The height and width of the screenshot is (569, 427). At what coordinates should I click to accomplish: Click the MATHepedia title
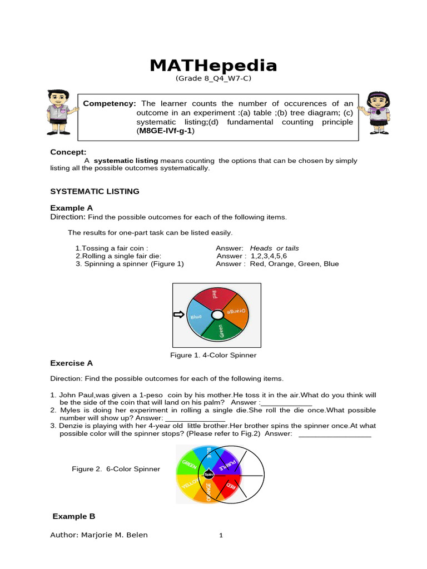213,66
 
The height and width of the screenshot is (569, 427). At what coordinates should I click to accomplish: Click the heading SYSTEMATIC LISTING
95,191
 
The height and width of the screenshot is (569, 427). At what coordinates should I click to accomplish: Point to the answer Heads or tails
274,248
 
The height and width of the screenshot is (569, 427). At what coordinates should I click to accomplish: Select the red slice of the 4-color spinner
213,298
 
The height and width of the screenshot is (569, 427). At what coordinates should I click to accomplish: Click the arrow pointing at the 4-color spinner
178,315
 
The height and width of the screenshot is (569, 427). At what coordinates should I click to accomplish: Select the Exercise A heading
72,363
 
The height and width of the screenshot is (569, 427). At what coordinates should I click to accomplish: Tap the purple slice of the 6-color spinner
225,461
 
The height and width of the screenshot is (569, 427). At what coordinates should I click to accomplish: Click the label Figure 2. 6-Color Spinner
116,469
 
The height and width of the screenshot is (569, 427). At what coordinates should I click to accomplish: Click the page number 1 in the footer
221,536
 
